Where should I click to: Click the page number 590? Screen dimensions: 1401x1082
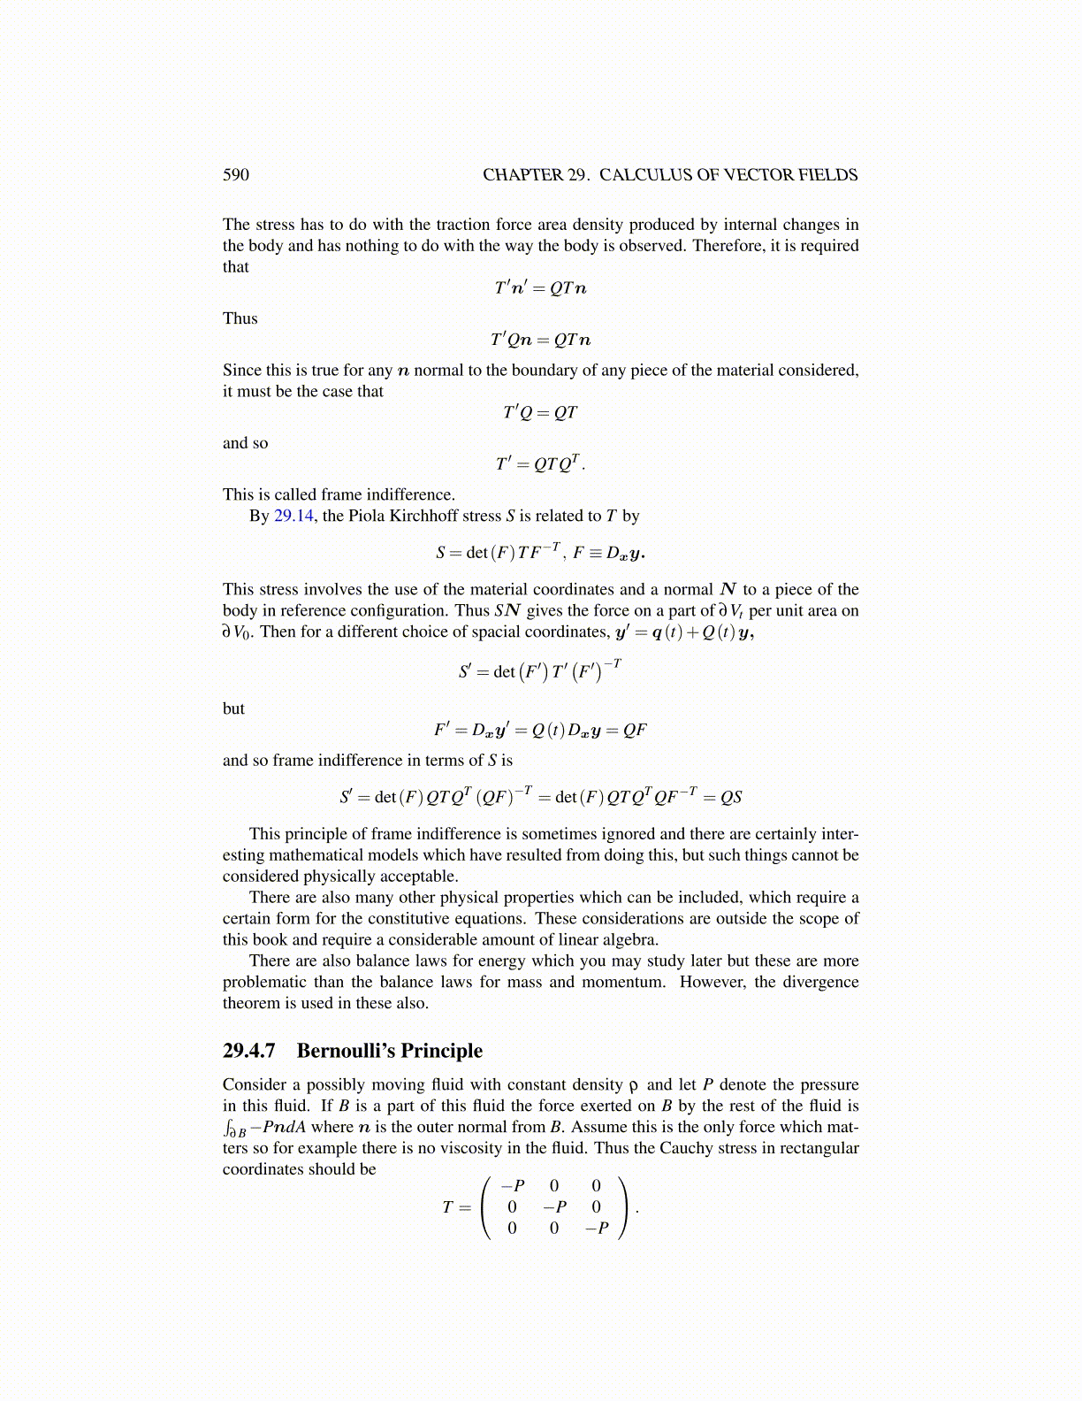tap(236, 175)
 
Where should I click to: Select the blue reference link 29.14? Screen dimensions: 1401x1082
tap(293, 516)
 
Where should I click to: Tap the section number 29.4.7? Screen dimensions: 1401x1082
tap(249, 1051)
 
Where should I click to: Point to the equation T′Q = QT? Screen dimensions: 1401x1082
tap(540, 413)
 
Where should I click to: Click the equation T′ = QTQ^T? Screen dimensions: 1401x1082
tap(539, 463)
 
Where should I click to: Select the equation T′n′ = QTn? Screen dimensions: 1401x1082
tap(540, 288)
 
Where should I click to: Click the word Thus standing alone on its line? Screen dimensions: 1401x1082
tap(240, 318)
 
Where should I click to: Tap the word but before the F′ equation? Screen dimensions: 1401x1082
tap(233, 708)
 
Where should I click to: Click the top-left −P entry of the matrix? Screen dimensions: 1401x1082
tap(512, 1186)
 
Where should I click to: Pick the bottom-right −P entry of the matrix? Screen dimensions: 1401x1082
tap(597, 1229)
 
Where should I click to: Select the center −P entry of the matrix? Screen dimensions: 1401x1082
tap(554, 1207)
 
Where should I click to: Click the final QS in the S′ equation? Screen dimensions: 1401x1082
tap(731, 797)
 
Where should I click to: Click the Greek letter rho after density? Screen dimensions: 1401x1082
tap(633, 1085)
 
